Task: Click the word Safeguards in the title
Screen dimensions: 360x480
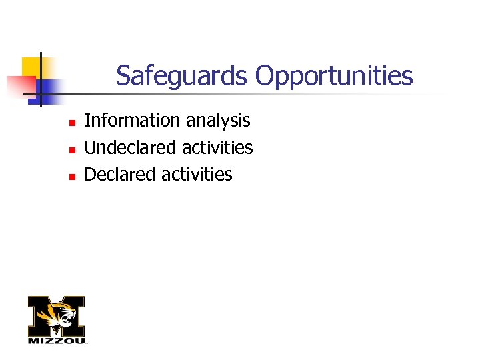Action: [x=181, y=76]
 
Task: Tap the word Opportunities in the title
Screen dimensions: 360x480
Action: [x=334, y=77]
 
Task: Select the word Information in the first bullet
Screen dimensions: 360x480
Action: [x=123, y=121]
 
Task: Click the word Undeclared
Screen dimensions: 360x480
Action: [x=125, y=147]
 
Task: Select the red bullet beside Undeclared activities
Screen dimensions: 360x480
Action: [x=69, y=149]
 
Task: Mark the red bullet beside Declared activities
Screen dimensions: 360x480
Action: [x=69, y=177]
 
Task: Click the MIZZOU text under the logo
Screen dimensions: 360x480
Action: [x=57, y=341]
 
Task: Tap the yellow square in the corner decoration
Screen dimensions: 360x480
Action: [x=31, y=67]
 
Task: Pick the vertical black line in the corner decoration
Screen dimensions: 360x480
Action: [x=40, y=80]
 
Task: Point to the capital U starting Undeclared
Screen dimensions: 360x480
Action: [x=90, y=147]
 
